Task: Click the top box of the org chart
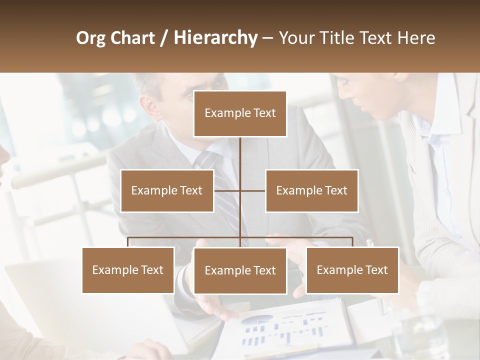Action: tap(240, 113)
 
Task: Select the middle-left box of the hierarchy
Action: tap(167, 190)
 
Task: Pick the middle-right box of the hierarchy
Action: tap(311, 190)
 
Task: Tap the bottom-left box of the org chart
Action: tap(128, 270)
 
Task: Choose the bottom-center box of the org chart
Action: tap(240, 270)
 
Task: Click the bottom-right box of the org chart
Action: tap(352, 270)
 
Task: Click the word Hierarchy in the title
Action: tap(215, 37)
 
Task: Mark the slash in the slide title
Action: tap(164, 38)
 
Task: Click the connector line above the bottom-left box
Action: tap(128, 241)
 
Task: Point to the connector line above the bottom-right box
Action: tap(352, 241)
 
